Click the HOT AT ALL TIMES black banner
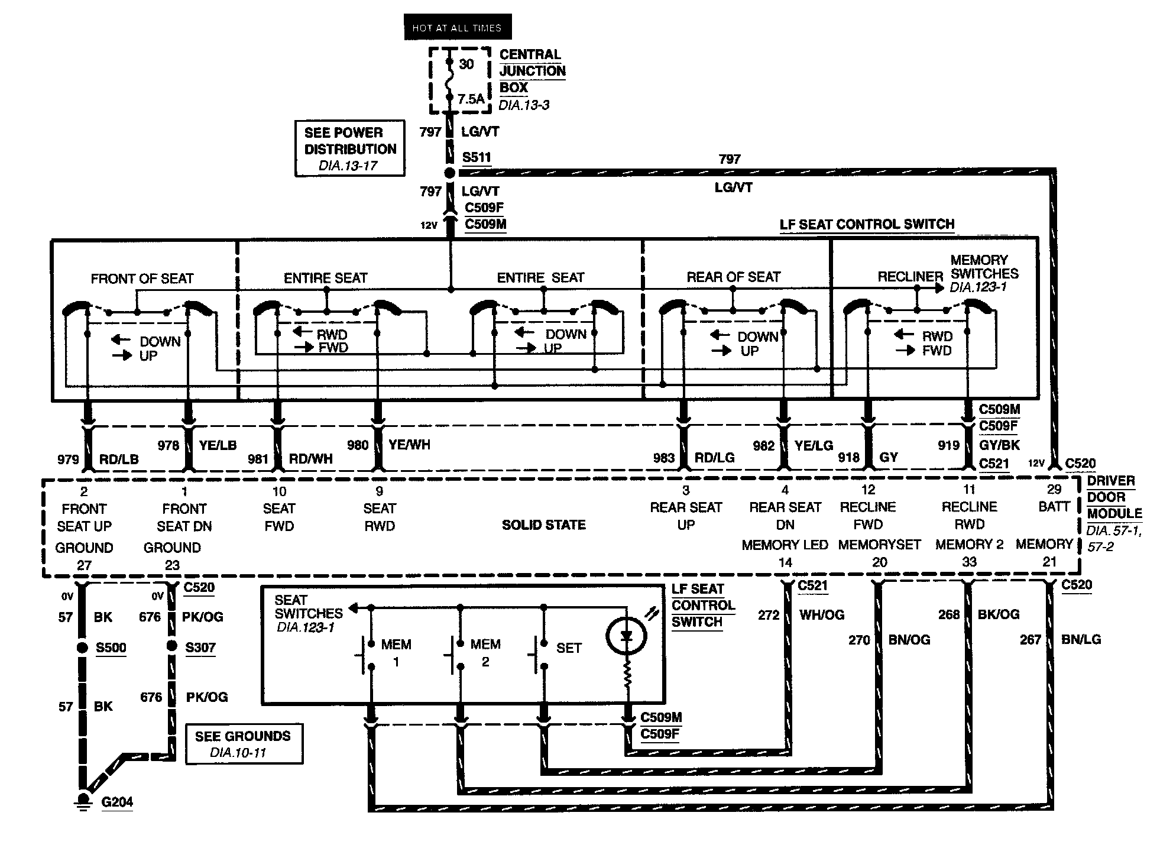458,27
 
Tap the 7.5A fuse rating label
471,99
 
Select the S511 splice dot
449,173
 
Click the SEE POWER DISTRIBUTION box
350,148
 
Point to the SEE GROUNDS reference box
244,743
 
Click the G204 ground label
117,802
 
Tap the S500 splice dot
83,648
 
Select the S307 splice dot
171,646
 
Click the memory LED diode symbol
627,636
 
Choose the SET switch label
569,648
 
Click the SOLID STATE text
543,525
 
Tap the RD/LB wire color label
119,459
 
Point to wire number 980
358,445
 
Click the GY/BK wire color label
999,445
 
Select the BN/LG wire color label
1081,639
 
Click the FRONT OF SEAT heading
142,279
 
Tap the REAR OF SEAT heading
733,277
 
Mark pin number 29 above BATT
1054,489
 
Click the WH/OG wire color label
822,615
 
